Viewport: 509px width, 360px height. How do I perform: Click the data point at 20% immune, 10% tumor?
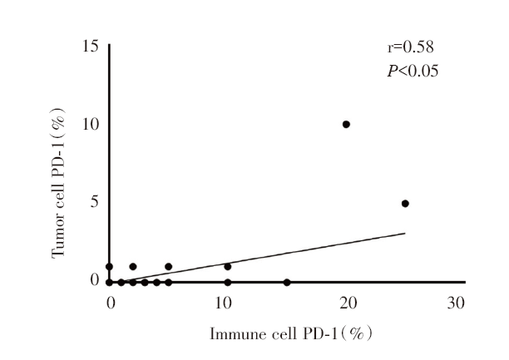[x=346, y=124]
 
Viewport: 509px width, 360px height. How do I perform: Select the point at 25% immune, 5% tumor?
[x=405, y=204]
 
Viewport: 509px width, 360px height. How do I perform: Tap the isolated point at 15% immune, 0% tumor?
[x=287, y=283]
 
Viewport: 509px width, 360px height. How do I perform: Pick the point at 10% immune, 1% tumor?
[x=227, y=267]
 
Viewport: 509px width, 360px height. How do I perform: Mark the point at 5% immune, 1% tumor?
[x=168, y=267]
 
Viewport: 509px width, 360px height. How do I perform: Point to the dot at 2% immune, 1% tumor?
[x=132, y=267]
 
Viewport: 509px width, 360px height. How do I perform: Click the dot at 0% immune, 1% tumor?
[x=109, y=267]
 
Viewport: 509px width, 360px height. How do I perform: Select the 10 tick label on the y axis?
[x=89, y=124]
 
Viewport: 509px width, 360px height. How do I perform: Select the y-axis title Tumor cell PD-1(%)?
[x=59, y=181]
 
